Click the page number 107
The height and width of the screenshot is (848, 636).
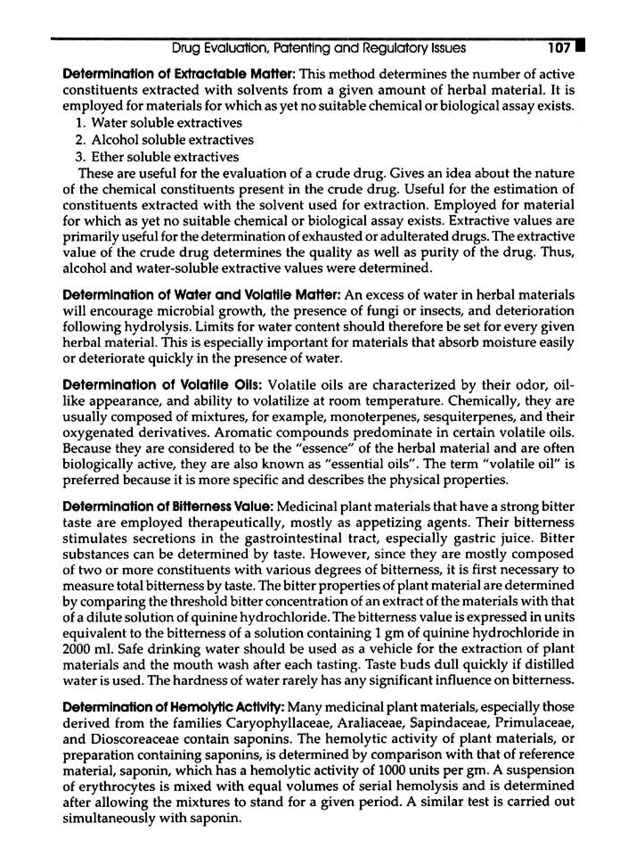[559, 48]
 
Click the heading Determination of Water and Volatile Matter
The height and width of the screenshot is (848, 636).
[201, 295]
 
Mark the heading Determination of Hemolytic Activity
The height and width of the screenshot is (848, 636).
[173, 707]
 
